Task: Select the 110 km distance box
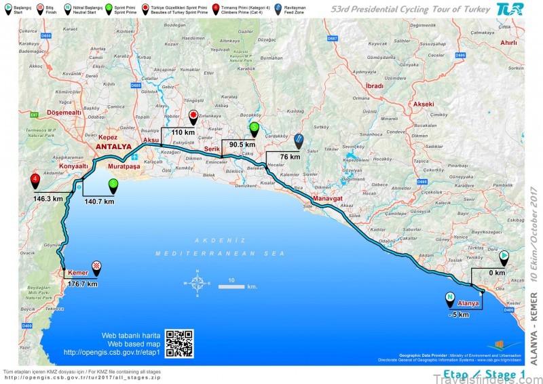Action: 183,133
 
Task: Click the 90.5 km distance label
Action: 242,145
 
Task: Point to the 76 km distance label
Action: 290,157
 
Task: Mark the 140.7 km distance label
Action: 99,201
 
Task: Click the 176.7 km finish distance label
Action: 83,284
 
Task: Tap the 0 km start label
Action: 498,273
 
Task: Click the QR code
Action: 179,343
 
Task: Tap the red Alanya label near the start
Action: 468,303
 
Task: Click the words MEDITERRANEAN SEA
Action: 208,253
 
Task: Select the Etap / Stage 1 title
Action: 481,374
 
